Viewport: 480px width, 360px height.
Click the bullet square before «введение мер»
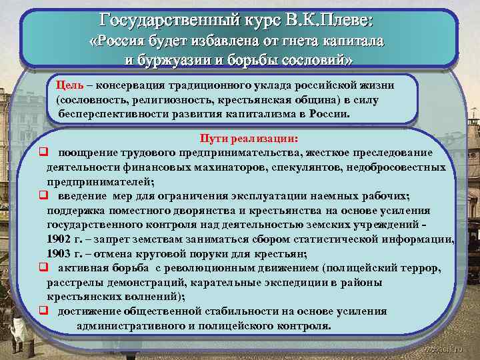tap(42, 195)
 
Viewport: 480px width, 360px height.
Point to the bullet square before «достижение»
tap(42, 311)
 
